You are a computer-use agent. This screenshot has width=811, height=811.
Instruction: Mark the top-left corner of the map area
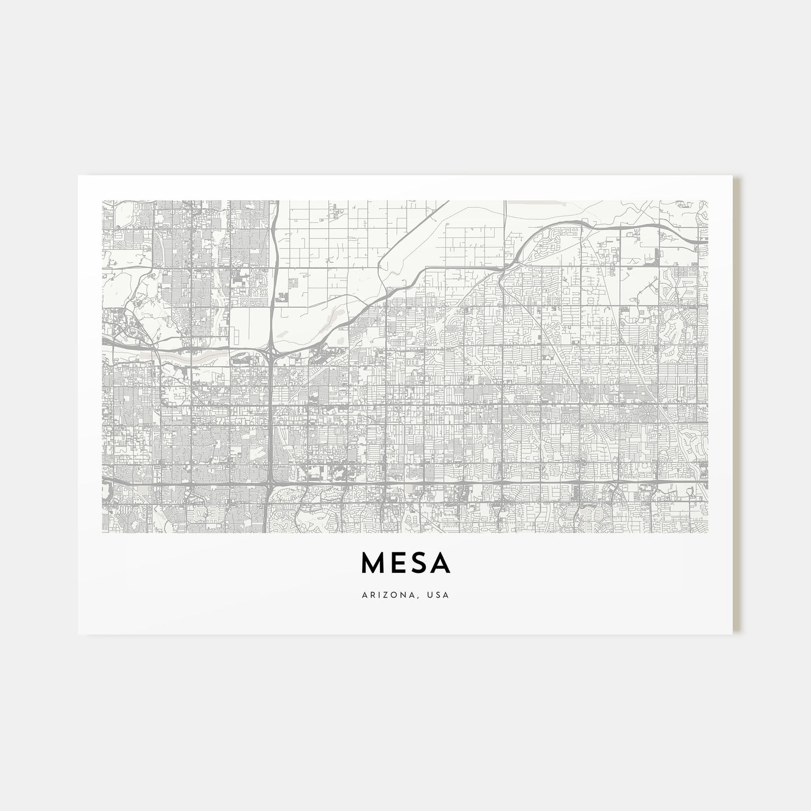tap(102, 200)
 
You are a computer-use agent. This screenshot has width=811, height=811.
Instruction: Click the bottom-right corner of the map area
tap(708, 533)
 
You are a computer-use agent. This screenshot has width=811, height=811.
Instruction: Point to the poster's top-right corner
tap(733, 176)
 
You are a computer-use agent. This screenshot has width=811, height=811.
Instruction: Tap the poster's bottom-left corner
tap(78, 634)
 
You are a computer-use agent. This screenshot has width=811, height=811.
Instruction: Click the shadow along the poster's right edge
tap(737, 405)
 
